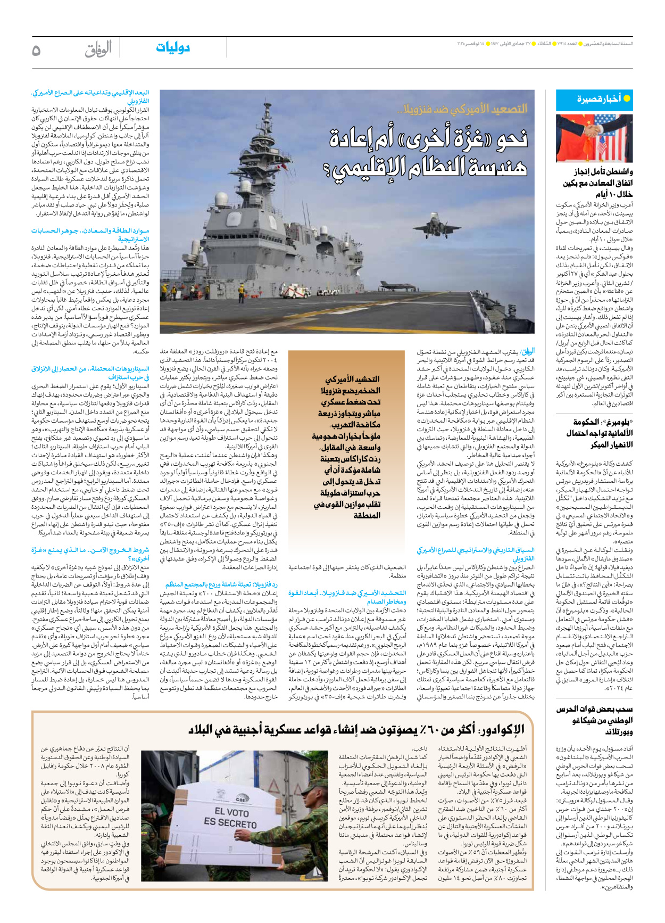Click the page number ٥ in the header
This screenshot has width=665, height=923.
tap(36, 50)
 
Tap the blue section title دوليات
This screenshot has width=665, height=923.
tap(173, 47)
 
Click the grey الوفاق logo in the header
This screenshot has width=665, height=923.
tap(98, 49)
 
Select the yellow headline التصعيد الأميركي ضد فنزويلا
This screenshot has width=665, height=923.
tap(462, 109)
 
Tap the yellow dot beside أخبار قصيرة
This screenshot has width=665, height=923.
tap(627, 98)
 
